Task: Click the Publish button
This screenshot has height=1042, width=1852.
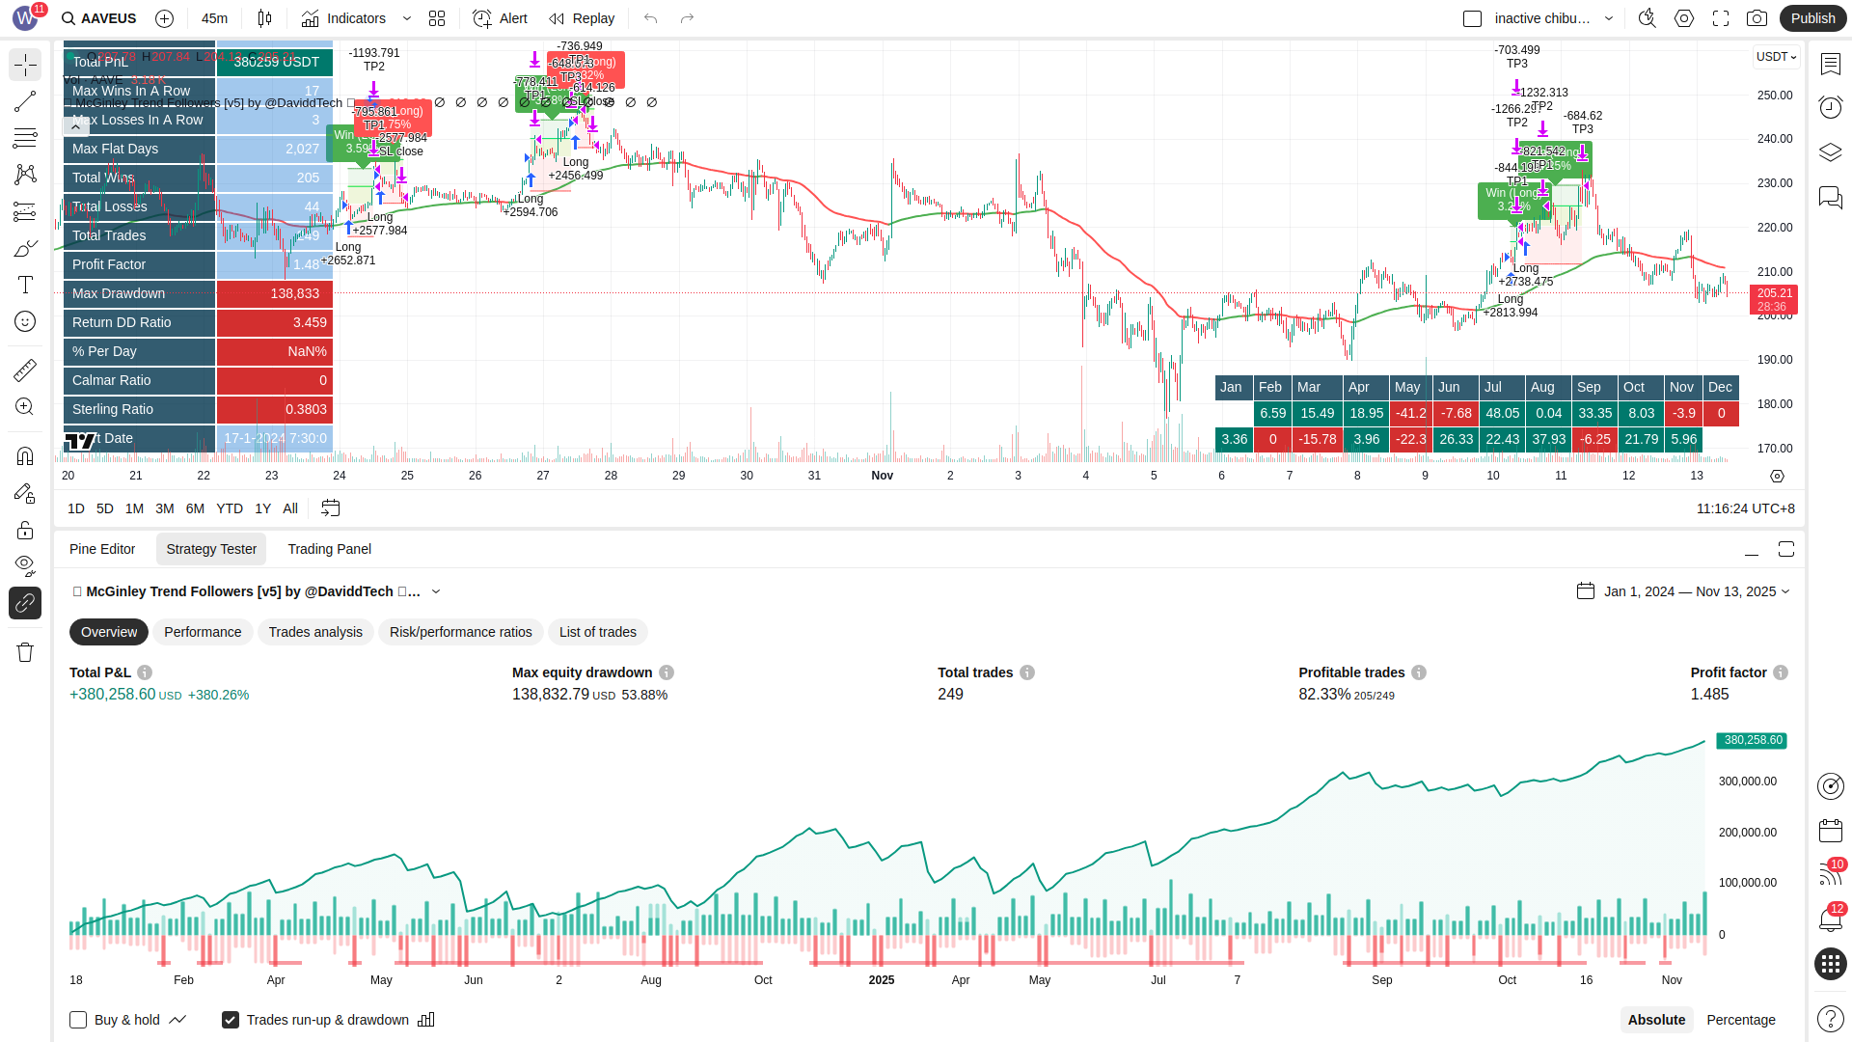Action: (1812, 18)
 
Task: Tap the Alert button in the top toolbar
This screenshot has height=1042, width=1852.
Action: (501, 18)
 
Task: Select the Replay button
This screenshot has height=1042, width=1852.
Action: (582, 18)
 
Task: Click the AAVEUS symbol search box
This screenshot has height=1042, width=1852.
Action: (98, 18)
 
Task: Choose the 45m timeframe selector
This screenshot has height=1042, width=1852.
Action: (214, 18)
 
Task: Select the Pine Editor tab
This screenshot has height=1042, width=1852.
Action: (102, 549)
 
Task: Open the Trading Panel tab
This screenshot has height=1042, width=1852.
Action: (329, 549)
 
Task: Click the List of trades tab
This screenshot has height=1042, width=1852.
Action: (597, 632)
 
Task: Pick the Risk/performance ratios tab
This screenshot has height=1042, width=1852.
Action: (460, 632)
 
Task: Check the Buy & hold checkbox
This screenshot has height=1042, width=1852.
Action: (79, 1020)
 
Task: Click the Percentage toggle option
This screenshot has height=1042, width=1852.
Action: (1740, 1020)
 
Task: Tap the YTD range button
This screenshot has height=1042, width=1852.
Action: (230, 508)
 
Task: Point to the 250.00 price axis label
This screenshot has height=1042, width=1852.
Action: (1774, 96)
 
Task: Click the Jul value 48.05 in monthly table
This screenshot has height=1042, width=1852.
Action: (1502, 413)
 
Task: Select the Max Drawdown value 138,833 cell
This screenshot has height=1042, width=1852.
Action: (275, 293)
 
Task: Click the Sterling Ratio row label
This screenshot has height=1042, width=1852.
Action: (113, 409)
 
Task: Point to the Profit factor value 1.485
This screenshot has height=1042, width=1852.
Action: (1709, 694)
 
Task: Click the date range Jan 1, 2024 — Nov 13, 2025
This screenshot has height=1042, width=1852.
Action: (1689, 591)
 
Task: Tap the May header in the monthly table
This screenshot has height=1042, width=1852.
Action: (1407, 387)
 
